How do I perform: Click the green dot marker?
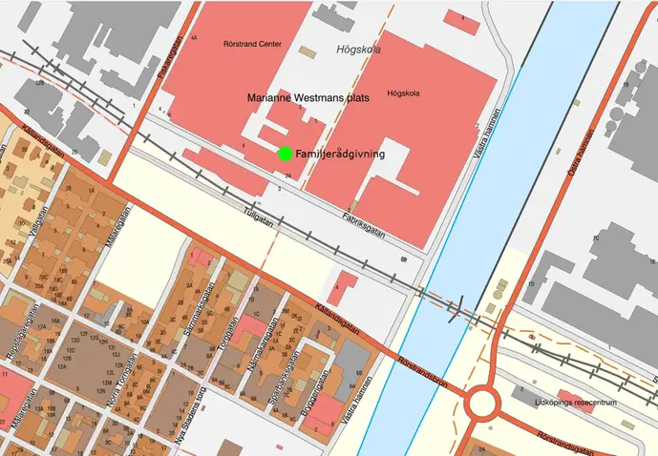(284, 154)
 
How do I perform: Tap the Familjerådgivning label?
(340, 154)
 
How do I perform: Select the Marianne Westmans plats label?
(294, 97)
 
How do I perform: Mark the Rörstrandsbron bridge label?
(418, 365)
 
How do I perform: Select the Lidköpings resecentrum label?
(573, 404)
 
